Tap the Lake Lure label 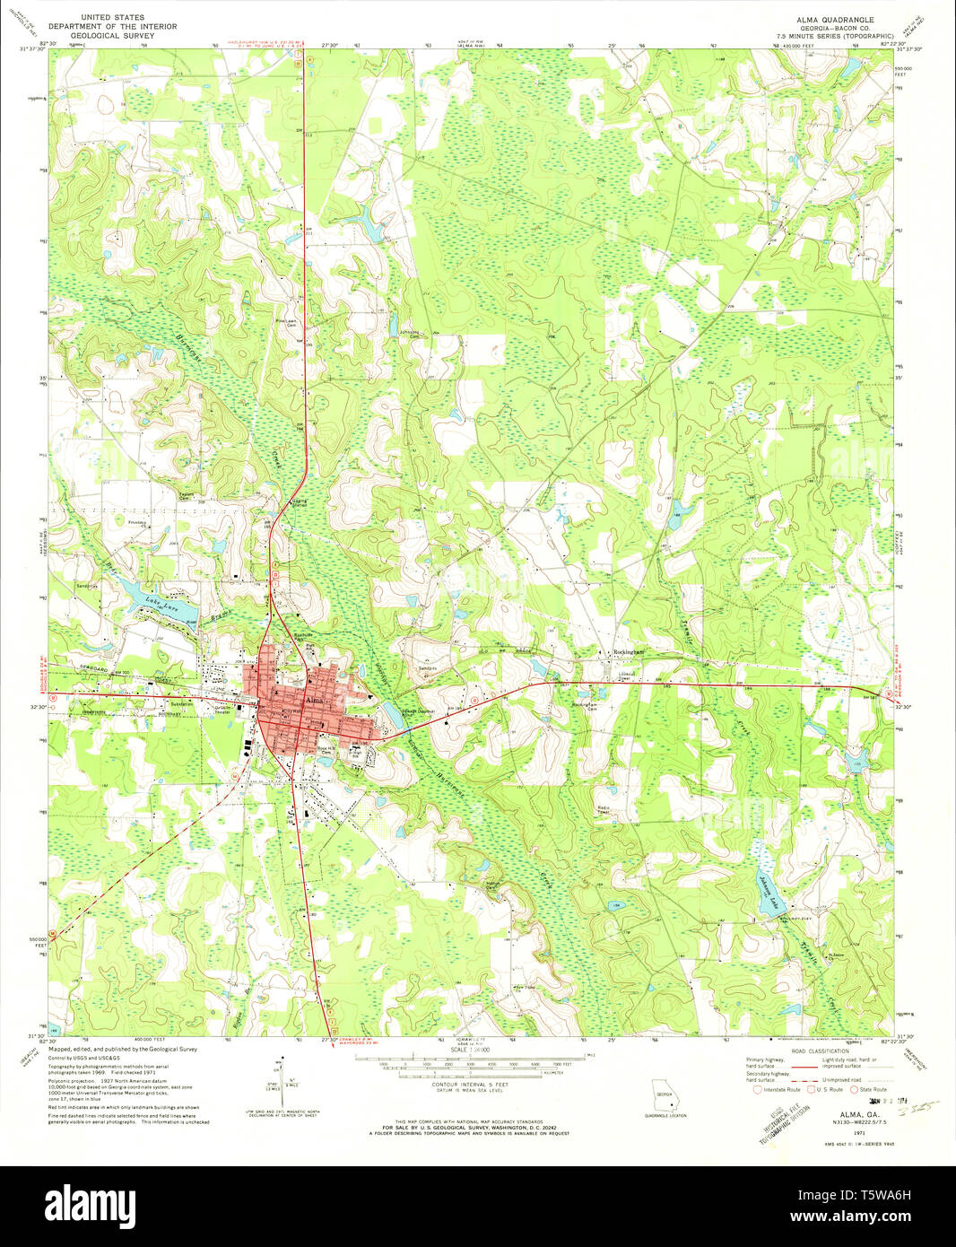158,606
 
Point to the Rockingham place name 629,652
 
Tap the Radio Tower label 605,809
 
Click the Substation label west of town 183,704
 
